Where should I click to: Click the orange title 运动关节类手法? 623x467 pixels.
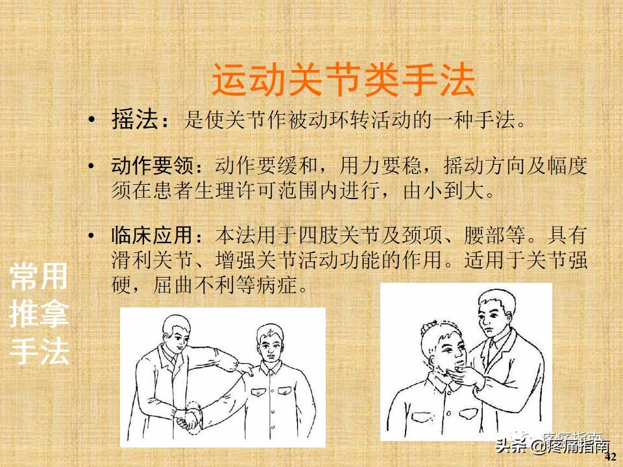(x=343, y=81)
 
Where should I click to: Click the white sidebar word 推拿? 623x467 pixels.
(x=39, y=316)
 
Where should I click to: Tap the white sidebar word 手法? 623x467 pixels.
(x=39, y=352)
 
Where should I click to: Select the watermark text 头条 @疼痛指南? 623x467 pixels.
(x=552, y=446)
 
